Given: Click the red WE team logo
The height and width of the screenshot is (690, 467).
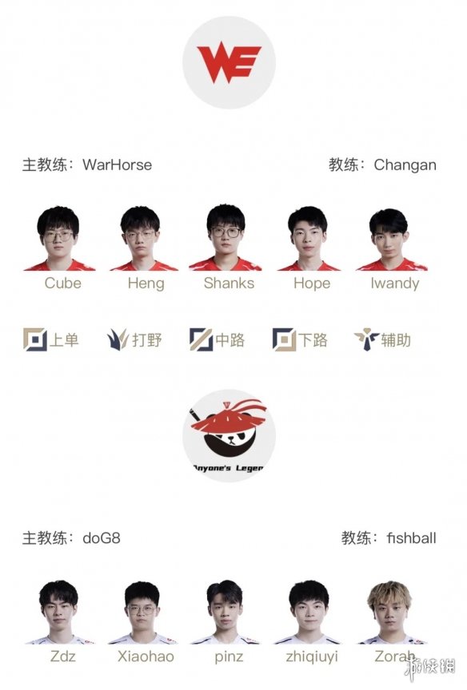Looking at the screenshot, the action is [x=229, y=64].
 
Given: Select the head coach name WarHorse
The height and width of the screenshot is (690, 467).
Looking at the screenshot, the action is [x=118, y=165].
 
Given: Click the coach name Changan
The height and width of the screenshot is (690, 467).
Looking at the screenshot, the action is [x=405, y=165].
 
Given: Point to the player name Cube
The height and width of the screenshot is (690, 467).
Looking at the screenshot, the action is [x=62, y=283].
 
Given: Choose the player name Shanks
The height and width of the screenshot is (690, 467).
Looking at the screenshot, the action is [x=229, y=283].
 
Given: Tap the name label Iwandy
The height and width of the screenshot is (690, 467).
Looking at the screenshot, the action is [x=395, y=284].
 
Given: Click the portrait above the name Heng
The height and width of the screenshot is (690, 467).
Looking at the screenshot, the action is [x=142, y=238].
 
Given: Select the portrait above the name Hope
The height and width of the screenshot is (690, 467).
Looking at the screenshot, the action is [x=309, y=238].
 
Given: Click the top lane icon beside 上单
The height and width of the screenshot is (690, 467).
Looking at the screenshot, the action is [x=35, y=339].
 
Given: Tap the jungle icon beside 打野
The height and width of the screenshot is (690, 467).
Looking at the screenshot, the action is [x=118, y=339].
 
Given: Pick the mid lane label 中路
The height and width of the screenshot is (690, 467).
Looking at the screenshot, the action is [x=230, y=340].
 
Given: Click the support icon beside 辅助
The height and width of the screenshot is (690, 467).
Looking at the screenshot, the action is [x=366, y=339].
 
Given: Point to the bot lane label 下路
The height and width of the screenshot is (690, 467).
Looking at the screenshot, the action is [x=313, y=340].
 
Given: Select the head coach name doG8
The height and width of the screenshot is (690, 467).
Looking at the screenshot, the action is [x=102, y=538].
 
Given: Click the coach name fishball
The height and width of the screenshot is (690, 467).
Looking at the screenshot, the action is [x=411, y=538].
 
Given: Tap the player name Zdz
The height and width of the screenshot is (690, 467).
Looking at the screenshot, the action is [x=62, y=656].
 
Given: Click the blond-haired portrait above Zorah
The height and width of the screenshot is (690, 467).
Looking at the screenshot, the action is [x=390, y=612].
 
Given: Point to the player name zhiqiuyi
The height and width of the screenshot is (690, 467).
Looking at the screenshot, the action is [x=312, y=657].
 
